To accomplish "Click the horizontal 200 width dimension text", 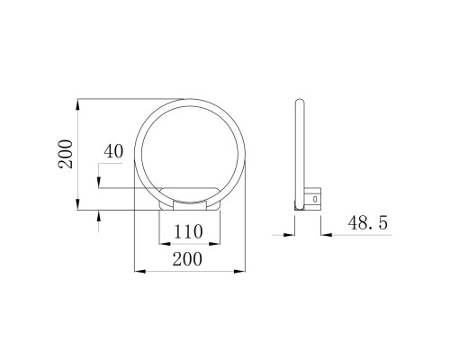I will click(188, 259).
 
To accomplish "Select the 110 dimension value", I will click(188, 231).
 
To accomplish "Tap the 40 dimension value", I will click(112, 151).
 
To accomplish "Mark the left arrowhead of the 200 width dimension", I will click(138, 270).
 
